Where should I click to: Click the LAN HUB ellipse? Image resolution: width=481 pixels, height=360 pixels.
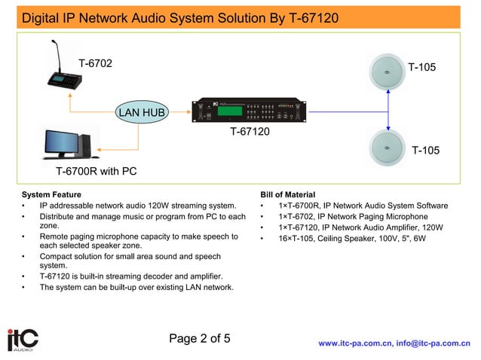(x=139, y=113)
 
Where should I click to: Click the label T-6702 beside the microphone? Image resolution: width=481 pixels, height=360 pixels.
(x=95, y=63)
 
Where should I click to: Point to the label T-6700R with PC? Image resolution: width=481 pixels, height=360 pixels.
(x=96, y=171)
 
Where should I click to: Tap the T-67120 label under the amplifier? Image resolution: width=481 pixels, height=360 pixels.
(x=250, y=133)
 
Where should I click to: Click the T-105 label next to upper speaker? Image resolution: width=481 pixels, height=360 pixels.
(x=421, y=68)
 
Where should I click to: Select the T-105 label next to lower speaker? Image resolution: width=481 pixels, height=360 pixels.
(x=425, y=151)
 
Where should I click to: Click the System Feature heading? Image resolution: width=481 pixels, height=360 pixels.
(x=51, y=194)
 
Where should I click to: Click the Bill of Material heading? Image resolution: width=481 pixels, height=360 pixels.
(x=287, y=194)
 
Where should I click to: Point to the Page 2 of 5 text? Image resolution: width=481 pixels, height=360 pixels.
(x=200, y=338)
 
